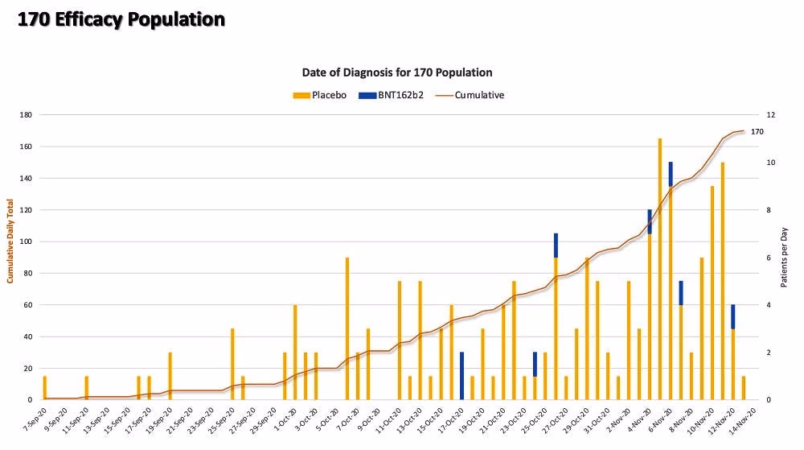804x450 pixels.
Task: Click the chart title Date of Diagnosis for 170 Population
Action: point(397,72)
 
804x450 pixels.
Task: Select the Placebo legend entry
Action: point(320,95)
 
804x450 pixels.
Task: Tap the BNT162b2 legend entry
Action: point(392,95)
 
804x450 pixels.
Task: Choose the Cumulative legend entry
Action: point(470,95)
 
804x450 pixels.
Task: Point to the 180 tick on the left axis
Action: point(26,115)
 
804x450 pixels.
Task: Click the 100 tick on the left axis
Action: point(26,242)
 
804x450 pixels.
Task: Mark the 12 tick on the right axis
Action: point(771,115)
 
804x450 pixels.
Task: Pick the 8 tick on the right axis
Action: point(769,210)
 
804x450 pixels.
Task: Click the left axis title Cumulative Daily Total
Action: point(10,242)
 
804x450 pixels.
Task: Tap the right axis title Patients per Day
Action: point(784,257)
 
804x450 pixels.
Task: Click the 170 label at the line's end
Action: point(757,132)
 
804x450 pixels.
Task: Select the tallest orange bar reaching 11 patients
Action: point(660,269)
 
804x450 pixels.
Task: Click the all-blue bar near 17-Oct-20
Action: point(461,376)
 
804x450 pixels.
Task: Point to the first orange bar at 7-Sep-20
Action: point(44,388)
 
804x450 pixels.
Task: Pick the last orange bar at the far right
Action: point(744,388)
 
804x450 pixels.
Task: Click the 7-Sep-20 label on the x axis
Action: point(35,419)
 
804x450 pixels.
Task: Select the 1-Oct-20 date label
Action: point(285,419)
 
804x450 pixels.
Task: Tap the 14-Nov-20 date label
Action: point(743,419)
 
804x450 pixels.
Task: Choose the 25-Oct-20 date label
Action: point(535,419)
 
